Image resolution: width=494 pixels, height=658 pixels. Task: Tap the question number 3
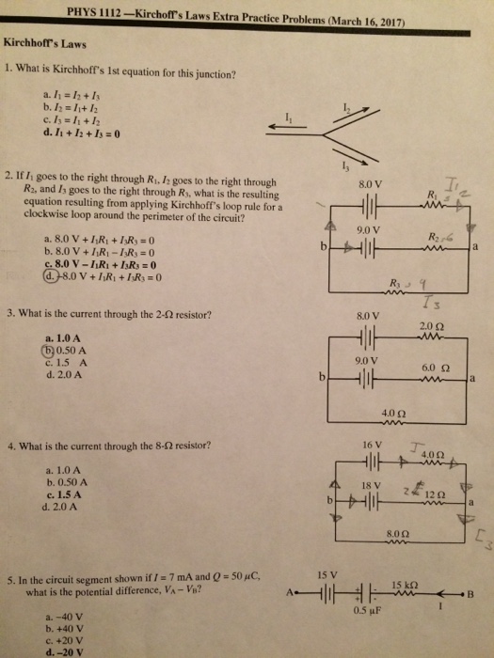pyautogui.click(x=8, y=313)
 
